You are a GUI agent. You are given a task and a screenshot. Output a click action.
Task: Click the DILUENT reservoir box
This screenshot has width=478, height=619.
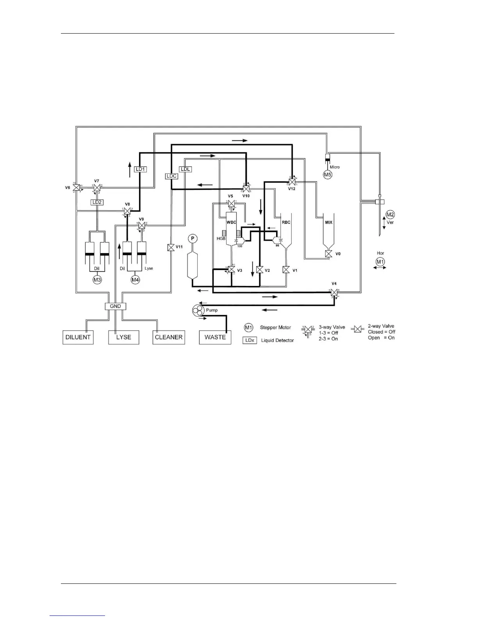78,337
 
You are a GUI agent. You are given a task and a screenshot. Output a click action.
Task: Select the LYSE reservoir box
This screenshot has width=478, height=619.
123,337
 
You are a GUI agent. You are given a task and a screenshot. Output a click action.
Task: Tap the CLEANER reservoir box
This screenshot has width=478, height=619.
168,337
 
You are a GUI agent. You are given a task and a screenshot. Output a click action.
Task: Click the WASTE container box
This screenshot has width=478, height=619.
215,337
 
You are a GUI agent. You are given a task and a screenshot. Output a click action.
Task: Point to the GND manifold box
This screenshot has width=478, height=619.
116,306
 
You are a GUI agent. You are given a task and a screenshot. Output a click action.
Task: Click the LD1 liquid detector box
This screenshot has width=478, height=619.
140,169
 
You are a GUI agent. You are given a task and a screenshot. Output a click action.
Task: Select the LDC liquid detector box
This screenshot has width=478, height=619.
172,176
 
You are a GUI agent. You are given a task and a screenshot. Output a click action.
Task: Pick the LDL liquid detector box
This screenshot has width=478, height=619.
185,169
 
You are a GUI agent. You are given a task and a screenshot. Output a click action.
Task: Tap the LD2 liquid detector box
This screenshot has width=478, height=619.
96,202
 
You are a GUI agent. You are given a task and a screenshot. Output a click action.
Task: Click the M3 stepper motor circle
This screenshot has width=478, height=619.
97,279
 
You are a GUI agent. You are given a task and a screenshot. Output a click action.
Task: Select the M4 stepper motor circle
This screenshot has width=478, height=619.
135,279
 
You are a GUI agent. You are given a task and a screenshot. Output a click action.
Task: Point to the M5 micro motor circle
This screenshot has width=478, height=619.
328,175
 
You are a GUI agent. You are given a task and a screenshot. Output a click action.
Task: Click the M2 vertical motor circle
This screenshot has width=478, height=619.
390,214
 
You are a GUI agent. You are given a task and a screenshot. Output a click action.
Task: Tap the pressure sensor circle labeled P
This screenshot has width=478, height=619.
192,238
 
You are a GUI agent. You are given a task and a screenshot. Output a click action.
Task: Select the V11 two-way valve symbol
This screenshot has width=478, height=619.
171,247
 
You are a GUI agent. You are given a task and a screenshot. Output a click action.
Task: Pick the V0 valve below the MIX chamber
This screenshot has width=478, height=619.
329,254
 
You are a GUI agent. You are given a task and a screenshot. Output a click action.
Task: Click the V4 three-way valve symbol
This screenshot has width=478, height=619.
334,292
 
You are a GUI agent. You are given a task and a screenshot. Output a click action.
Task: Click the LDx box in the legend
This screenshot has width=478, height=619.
250,340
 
